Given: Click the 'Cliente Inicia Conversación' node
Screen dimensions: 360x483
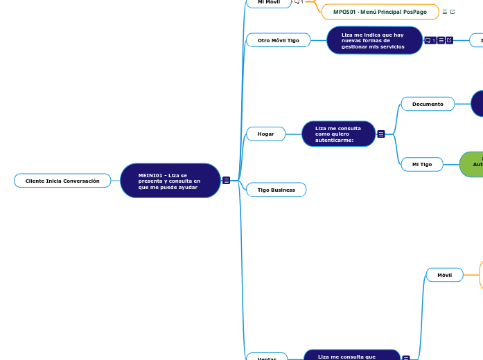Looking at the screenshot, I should (x=62, y=181).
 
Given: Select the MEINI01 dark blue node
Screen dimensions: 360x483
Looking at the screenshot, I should (x=170, y=181).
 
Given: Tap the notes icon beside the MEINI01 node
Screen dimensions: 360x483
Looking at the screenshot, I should (x=227, y=181).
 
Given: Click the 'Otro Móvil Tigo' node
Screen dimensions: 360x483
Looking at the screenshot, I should (x=279, y=40).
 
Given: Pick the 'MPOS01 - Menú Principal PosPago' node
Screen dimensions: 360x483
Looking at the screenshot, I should (x=380, y=12).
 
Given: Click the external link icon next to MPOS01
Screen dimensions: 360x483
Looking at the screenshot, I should (x=453, y=12).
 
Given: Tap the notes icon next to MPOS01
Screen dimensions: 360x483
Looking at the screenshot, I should (x=444, y=12).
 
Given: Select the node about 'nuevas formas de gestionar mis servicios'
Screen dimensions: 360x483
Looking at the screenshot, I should (x=374, y=40).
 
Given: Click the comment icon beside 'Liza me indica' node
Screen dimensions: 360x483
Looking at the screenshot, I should (x=430, y=40).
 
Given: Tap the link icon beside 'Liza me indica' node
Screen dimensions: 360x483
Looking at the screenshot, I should (x=449, y=40).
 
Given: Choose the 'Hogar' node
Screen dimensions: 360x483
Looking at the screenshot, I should (x=266, y=134).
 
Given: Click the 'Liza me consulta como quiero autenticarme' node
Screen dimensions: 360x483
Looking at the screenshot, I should (x=338, y=134).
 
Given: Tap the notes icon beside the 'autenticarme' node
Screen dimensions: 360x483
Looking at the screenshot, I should (x=381, y=134).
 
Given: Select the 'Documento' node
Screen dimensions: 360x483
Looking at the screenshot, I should (x=428, y=104).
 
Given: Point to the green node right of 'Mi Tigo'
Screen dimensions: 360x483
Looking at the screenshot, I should (x=473, y=164).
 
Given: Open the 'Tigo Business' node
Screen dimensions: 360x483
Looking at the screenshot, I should (x=276, y=190).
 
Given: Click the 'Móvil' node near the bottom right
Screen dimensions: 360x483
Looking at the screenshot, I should (x=445, y=275).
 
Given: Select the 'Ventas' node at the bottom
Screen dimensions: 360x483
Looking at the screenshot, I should (x=267, y=357).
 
